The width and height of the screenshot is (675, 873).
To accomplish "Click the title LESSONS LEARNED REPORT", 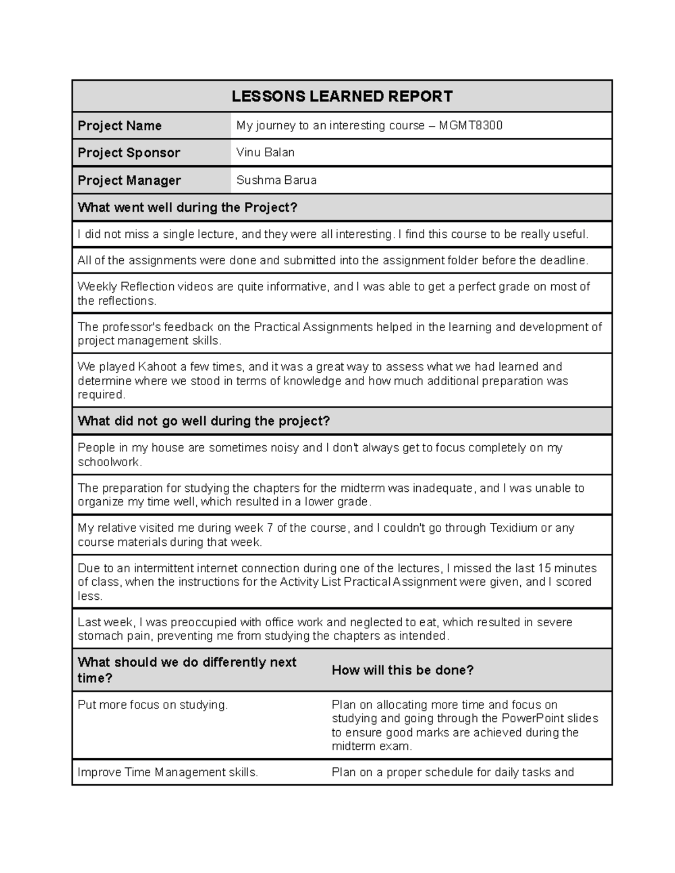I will pyautogui.click(x=342, y=97).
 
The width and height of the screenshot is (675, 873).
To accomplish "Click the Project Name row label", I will pyautogui.click(x=119, y=126).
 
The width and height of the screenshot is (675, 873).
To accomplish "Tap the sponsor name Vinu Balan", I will pyautogui.click(x=265, y=152).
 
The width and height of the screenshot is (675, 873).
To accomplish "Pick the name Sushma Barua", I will pyautogui.click(x=276, y=180).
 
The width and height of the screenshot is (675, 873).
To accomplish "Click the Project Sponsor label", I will pyautogui.click(x=129, y=153).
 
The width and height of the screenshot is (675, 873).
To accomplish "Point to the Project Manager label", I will pyautogui.click(x=129, y=180).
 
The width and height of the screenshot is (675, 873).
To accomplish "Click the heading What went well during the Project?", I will pyautogui.click(x=187, y=207).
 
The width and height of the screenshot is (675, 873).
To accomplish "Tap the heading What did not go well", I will pyautogui.click(x=203, y=421).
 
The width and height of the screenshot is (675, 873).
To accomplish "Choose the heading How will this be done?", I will pyautogui.click(x=403, y=670).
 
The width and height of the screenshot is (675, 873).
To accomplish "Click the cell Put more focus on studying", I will pyautogui.click(x=152, y=704).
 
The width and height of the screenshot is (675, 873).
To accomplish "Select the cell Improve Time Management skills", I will pyautogui.click(x=168, y=772).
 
